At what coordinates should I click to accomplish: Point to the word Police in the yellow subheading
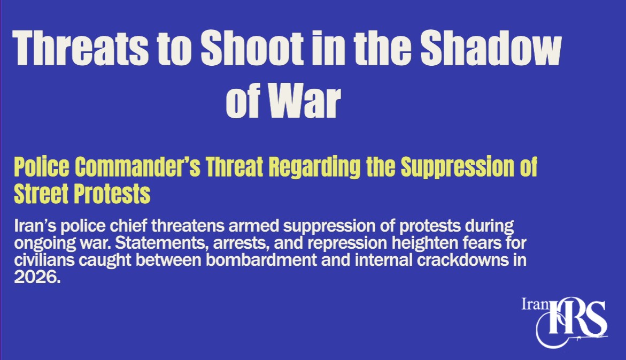(x=42, y=166)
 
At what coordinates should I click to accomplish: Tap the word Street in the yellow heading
(x=41, y=194)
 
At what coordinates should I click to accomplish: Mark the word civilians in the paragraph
(x=44, y=260)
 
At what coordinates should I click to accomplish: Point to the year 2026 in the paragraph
(x=37, y=277)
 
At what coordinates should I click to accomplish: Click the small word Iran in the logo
(x=535, y=304)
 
